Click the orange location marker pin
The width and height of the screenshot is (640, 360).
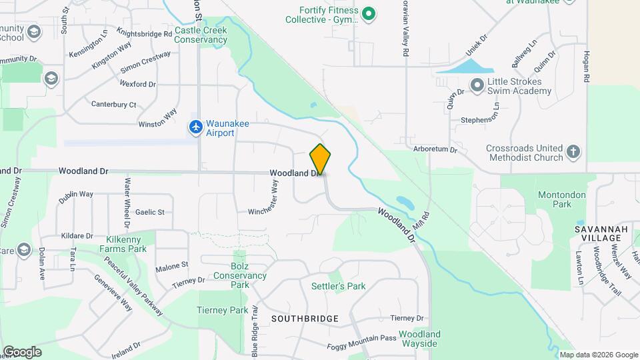pos(320,159)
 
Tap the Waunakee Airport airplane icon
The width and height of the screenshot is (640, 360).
pos(195,126)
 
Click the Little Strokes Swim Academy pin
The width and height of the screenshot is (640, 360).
pos(477,85)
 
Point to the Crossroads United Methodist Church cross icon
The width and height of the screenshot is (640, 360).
pos(573,153)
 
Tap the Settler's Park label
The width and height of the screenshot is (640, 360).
pos(338,286)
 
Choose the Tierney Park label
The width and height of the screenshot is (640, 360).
pos(222,310)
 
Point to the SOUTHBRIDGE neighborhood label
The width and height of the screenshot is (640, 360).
pos(305,319)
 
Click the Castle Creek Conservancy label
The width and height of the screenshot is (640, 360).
pos(201,35)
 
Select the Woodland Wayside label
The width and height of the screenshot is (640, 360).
pos(419,339)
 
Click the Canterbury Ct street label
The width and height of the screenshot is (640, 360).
pos(113,105)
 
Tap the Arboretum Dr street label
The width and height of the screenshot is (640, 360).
pos(435,149)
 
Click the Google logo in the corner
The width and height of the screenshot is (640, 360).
pos(22,352)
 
